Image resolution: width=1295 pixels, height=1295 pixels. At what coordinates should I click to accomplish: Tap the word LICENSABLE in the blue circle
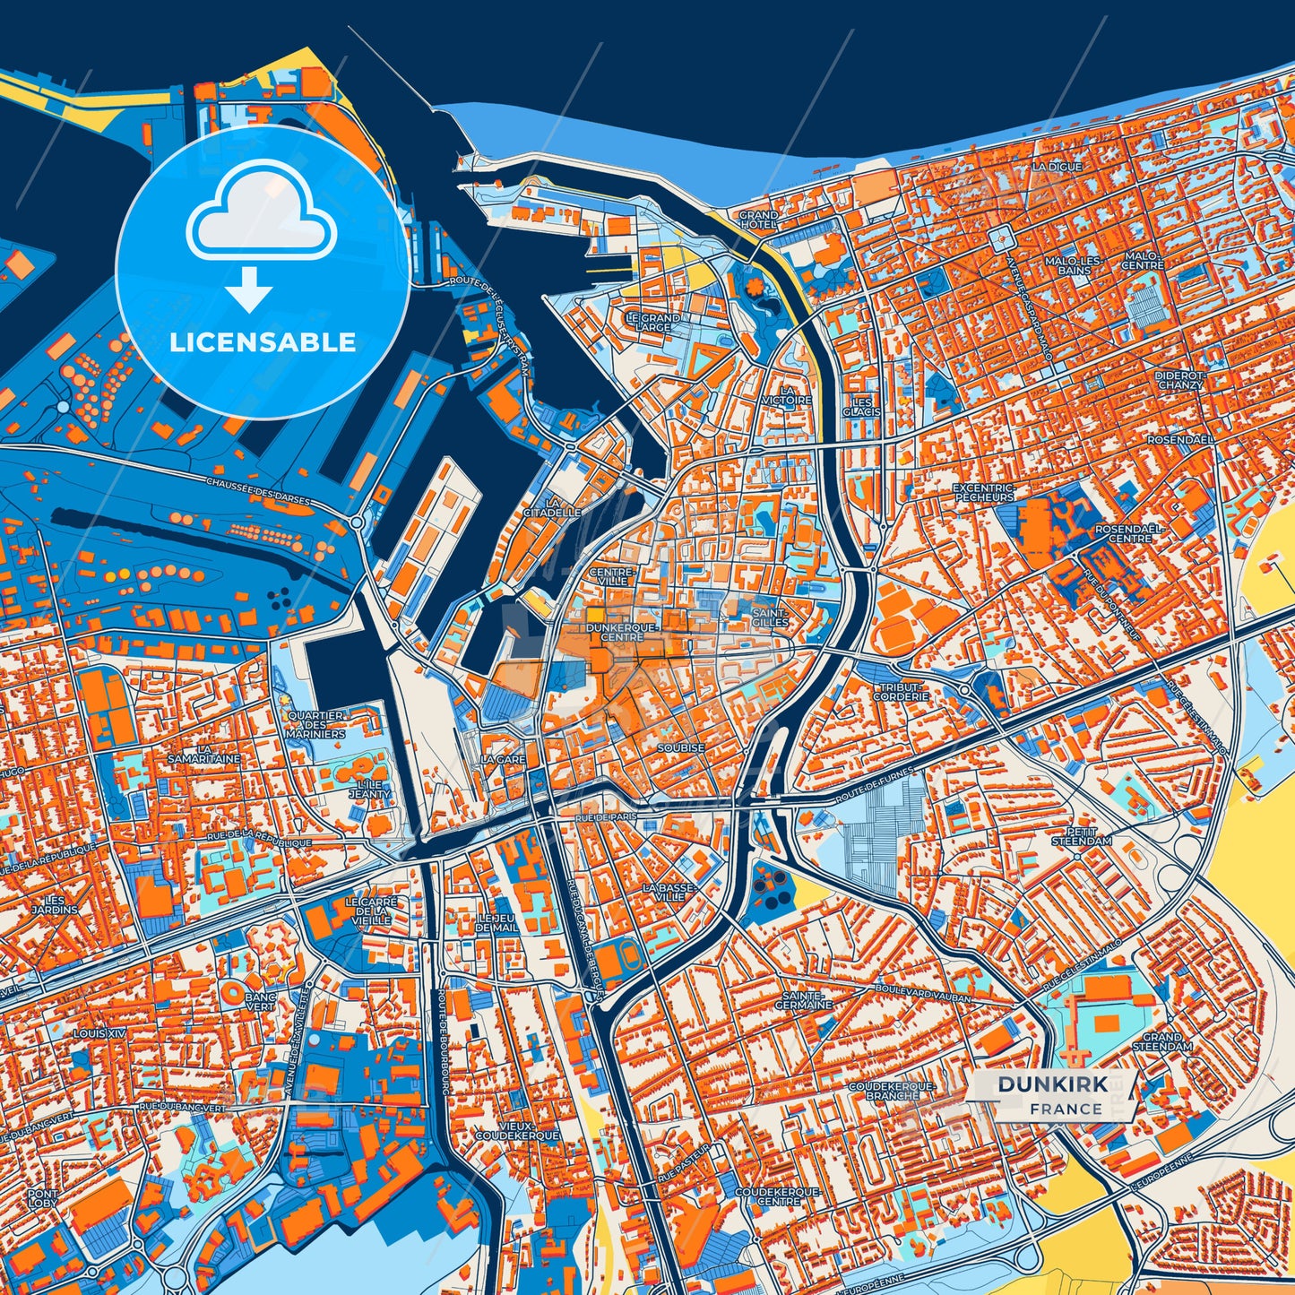click(263, 342)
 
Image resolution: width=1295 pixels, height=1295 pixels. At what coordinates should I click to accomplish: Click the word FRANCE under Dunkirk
click(1066, 1109)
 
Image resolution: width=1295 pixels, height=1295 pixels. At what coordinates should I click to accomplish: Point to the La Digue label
click(1057, 167)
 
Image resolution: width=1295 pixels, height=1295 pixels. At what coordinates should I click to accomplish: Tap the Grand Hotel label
click(758, 220)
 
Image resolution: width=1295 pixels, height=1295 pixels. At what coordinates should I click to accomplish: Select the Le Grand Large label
click(652, 323)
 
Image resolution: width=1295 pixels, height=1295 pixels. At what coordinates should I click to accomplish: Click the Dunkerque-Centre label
click(622, 633)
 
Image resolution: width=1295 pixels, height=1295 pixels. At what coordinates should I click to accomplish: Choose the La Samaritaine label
click(203, 754)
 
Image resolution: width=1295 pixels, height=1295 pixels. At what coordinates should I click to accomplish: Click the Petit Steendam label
click(1082, 836)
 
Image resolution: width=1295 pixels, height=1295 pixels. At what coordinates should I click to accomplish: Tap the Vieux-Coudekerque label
click(517, 1129)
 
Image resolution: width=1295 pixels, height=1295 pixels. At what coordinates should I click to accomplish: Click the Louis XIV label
click(100, 1033)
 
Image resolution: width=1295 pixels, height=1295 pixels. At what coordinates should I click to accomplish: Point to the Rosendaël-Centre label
click(1129, 533)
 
